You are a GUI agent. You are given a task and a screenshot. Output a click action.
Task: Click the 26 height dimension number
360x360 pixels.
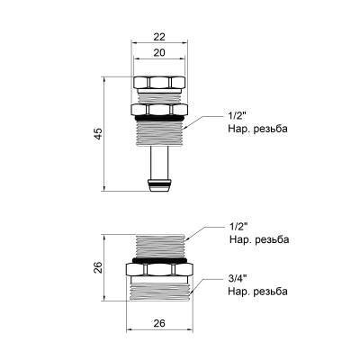pyautogui.click(x=99, y=267)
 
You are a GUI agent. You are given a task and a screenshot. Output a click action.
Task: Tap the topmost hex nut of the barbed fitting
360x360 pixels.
pyautogui.click(x=159, y=83)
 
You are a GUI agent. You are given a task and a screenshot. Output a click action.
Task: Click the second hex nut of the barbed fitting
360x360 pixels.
pyautogui.click(x=159, y=111)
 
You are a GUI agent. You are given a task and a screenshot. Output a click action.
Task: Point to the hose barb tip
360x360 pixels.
pyautogui.click(x=159, y=186)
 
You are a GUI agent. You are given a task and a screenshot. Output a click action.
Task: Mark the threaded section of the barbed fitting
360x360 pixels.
pyautogui.click(x=159, y=137)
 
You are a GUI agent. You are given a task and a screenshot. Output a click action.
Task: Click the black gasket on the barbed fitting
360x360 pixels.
pyautogui.click(x=159, y=120)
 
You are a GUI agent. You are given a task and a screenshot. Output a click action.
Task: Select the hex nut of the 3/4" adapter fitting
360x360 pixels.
pyautogui.click(x=161, y=271)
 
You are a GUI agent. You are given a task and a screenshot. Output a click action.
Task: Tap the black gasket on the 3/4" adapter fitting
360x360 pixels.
pyautogui.click(x=161, y=259)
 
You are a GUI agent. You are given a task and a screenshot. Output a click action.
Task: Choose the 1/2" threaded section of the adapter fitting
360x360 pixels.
pyautogui.click(x=161, y=245)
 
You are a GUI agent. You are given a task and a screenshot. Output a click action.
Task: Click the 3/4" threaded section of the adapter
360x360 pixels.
pyautogui.click(x=161, y=289)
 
